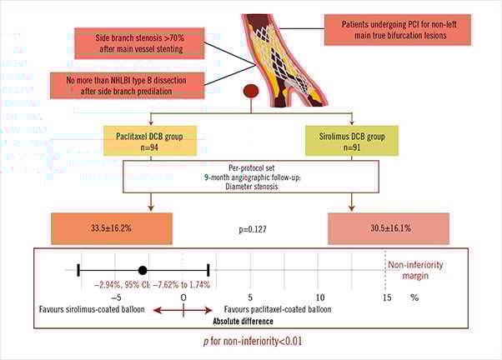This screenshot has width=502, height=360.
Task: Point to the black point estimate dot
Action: (x=143, y=270)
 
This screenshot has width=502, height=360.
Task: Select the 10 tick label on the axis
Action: (x=319, y=297)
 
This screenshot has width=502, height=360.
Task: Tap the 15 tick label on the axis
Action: (x=386, y=297)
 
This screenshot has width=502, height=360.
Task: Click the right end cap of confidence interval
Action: (x=208, y=270)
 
